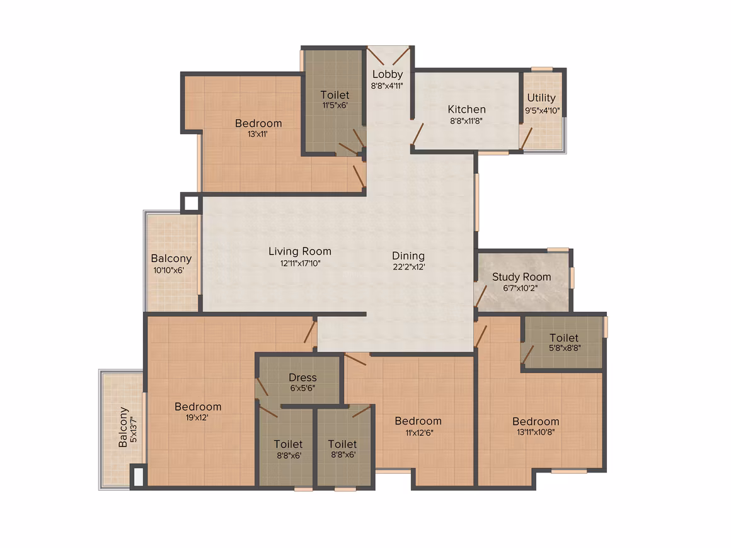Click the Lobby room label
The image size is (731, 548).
pyautogui.click(x=388, y=74)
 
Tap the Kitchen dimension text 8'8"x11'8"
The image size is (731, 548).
pyautogui.click(x=466, y=121)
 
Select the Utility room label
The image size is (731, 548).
pyautogui.click(x=541, y=98)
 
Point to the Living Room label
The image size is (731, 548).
pyautogui.click(x=300, y=251)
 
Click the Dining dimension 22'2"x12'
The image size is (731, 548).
pyautogui.click(x=409, y=267)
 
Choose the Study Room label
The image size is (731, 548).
pyautogui.click(x=522, y=277)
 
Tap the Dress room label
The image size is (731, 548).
pyautogui.click(x=302, y=377)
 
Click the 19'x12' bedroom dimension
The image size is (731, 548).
pyautogui.click(x=197, y=418)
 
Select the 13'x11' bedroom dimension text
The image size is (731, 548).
pyautogui.click(x=257, y=134)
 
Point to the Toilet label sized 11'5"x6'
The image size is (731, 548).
pyautogui.click(x=335, y=95)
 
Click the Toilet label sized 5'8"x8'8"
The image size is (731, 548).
pyautogui.click(x=564, y=338)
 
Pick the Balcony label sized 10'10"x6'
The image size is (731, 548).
pyautogui.click(x=171, y=259)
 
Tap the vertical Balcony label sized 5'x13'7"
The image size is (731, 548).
pyautogui.click(x=123, y=427)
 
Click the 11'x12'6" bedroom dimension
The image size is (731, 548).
pyautogui.click(x=419, y=433)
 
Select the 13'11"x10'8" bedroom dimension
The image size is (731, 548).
pyautogui.click(x=536, y=432)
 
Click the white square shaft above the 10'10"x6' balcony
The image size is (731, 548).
pyautogui.click(x=191, y=203)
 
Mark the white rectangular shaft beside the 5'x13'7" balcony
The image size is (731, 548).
pyautogui.click(x=139, y=477)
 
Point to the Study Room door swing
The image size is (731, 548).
pyautogui.click(x=481, y=297)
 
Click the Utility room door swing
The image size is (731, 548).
pyautogui.click(x=526, y=139)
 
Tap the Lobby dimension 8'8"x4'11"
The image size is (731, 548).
pyautogui.click(x=387, y=86)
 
